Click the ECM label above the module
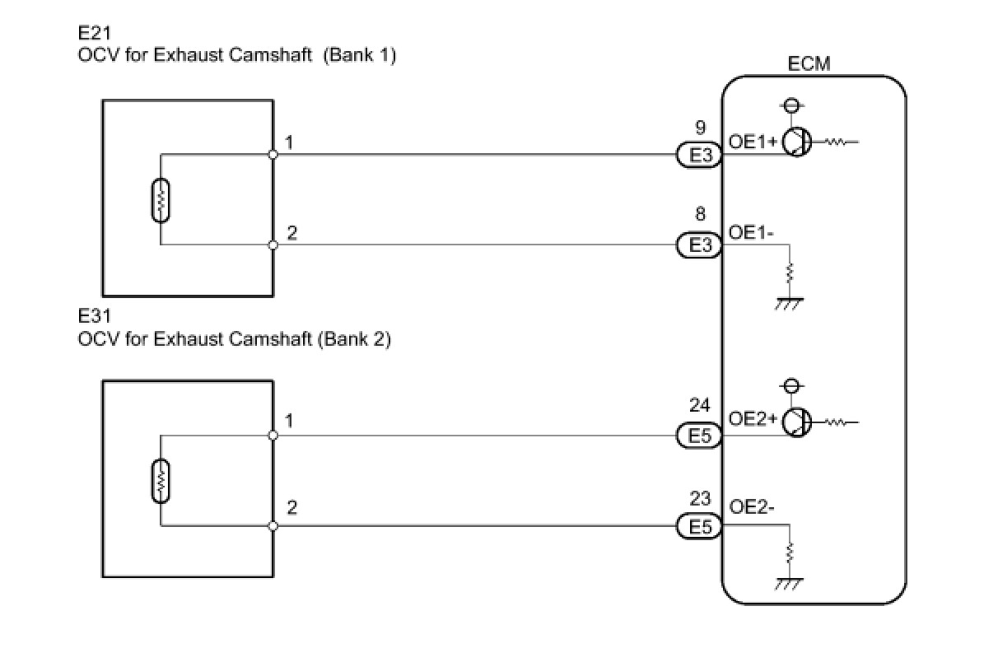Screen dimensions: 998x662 [809, 63]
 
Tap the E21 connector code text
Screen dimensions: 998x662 [95, 33]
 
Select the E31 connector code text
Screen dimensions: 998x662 [95, 316]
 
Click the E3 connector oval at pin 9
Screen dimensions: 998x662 [699, 155]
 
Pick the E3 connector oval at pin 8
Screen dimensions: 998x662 [699, 245]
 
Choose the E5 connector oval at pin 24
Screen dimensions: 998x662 [699, 436]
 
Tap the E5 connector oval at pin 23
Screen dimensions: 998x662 [699, 527]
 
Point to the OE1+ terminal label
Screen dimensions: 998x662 [752, 142]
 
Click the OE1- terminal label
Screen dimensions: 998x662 [751, 232]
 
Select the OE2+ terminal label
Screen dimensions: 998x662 [752, 419]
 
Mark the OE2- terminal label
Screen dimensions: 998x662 [751, 507]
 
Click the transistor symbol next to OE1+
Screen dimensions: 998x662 [796, 142]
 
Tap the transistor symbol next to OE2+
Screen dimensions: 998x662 [796, 422]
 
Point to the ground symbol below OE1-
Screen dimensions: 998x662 [789, 304]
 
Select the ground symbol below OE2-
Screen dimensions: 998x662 [789, 584]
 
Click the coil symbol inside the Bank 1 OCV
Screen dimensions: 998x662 [161, 200]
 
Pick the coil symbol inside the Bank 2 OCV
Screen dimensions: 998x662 [161, 481]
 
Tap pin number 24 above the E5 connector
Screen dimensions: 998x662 [699, 405]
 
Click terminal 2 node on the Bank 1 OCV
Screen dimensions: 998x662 [273, 245]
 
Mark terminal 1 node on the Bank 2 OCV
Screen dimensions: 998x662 [273, 436]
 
